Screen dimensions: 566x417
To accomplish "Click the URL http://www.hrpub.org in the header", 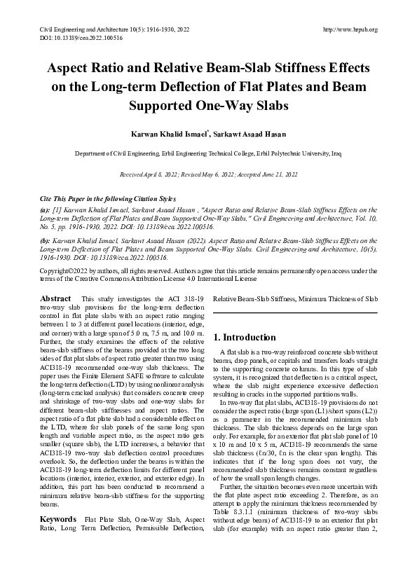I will [x=351, y=29].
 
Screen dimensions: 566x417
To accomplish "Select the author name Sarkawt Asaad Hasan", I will [x=245, y=132].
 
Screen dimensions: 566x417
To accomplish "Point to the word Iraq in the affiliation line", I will [x=336, y=151].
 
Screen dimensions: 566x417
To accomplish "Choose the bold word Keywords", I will [x=58, y=518].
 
